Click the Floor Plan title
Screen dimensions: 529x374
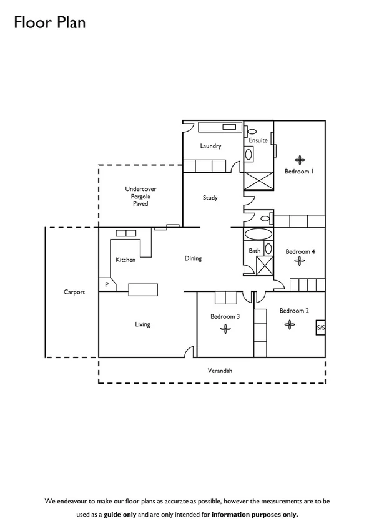[49, 23]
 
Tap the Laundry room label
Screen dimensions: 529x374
[210, 147]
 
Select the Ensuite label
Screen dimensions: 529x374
[258, 140]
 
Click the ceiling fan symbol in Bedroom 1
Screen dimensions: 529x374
[298, 159]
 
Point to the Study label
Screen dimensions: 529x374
[210, 198]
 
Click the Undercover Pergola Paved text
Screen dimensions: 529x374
[140, 196]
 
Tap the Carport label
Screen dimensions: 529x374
[74, 291]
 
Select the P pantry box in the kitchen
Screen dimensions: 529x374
[107, 284]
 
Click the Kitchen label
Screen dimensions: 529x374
[125, 260]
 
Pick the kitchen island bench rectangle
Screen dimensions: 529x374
[144, 289]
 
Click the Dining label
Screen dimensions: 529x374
[193, 258]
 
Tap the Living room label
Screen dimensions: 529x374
[142, 324]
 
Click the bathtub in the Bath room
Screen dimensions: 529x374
[258, 235]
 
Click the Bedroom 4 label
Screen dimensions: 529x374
[300, 251]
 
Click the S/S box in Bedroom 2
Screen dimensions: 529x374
[320, 328]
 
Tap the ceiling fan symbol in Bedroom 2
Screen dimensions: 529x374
[288, 324]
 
